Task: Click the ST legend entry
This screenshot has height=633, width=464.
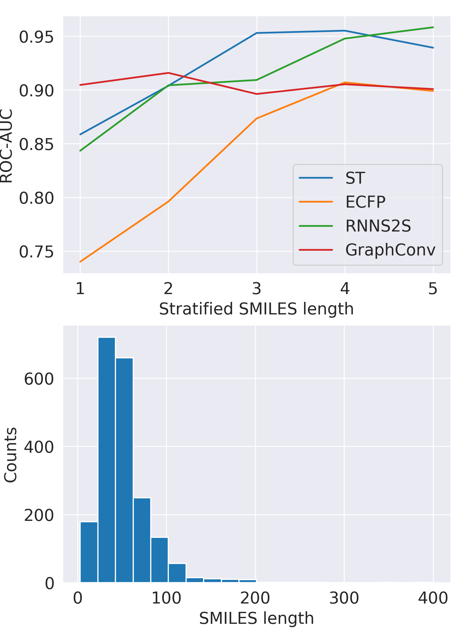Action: point(355,178)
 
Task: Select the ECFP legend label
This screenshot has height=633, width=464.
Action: point(365,202)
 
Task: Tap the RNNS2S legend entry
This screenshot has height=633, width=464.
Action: point(378,226)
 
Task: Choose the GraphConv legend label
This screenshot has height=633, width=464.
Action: point(390,250)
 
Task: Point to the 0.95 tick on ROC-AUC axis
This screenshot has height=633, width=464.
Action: point(36,37)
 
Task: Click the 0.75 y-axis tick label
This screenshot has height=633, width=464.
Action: point(36,252)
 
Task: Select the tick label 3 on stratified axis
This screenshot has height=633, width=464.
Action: point(256,289)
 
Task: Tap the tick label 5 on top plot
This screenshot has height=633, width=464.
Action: point(433,289)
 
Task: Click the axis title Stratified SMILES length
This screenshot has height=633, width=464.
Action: point(256,309)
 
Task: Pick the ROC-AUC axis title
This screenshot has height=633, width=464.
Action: point(6,146)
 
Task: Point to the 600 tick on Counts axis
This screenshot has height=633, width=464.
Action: point(39,379)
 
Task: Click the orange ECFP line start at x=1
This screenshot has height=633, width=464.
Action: point(80,262)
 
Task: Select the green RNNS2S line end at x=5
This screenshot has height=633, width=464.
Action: point(433,27)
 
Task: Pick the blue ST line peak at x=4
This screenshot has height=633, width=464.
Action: point(345,31)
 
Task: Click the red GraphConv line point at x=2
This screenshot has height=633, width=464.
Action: point(168,73)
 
